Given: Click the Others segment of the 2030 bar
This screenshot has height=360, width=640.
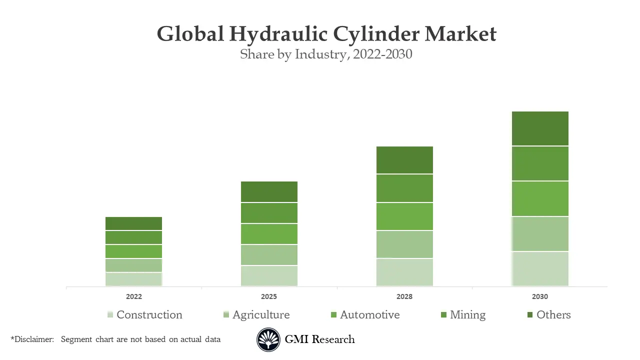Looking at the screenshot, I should pos(540,128).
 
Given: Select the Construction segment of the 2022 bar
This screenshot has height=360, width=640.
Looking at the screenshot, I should pos(133,279).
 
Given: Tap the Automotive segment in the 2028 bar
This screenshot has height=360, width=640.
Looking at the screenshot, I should pos(404,216).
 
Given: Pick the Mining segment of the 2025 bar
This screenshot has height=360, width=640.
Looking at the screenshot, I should pos(269,213).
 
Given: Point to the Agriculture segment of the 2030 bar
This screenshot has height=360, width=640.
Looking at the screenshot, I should pos(540,234).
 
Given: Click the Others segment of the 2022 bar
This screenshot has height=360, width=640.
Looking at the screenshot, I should pos(133,223).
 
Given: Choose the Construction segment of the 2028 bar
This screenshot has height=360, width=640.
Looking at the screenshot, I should pos(404,272).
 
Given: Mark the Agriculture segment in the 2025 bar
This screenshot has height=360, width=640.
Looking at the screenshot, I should pos(269,255).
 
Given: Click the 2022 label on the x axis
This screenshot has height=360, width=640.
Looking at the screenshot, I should pos(134,296).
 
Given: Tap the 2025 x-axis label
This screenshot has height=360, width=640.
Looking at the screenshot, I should pos(269,296).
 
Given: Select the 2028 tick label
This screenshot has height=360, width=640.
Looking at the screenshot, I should pos(404,296).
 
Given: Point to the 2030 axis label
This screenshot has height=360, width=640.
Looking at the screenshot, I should pos(540,296).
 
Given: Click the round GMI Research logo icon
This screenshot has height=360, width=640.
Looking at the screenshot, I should pos(268,340).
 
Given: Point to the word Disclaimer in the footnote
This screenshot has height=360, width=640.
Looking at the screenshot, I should pos(34,339).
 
